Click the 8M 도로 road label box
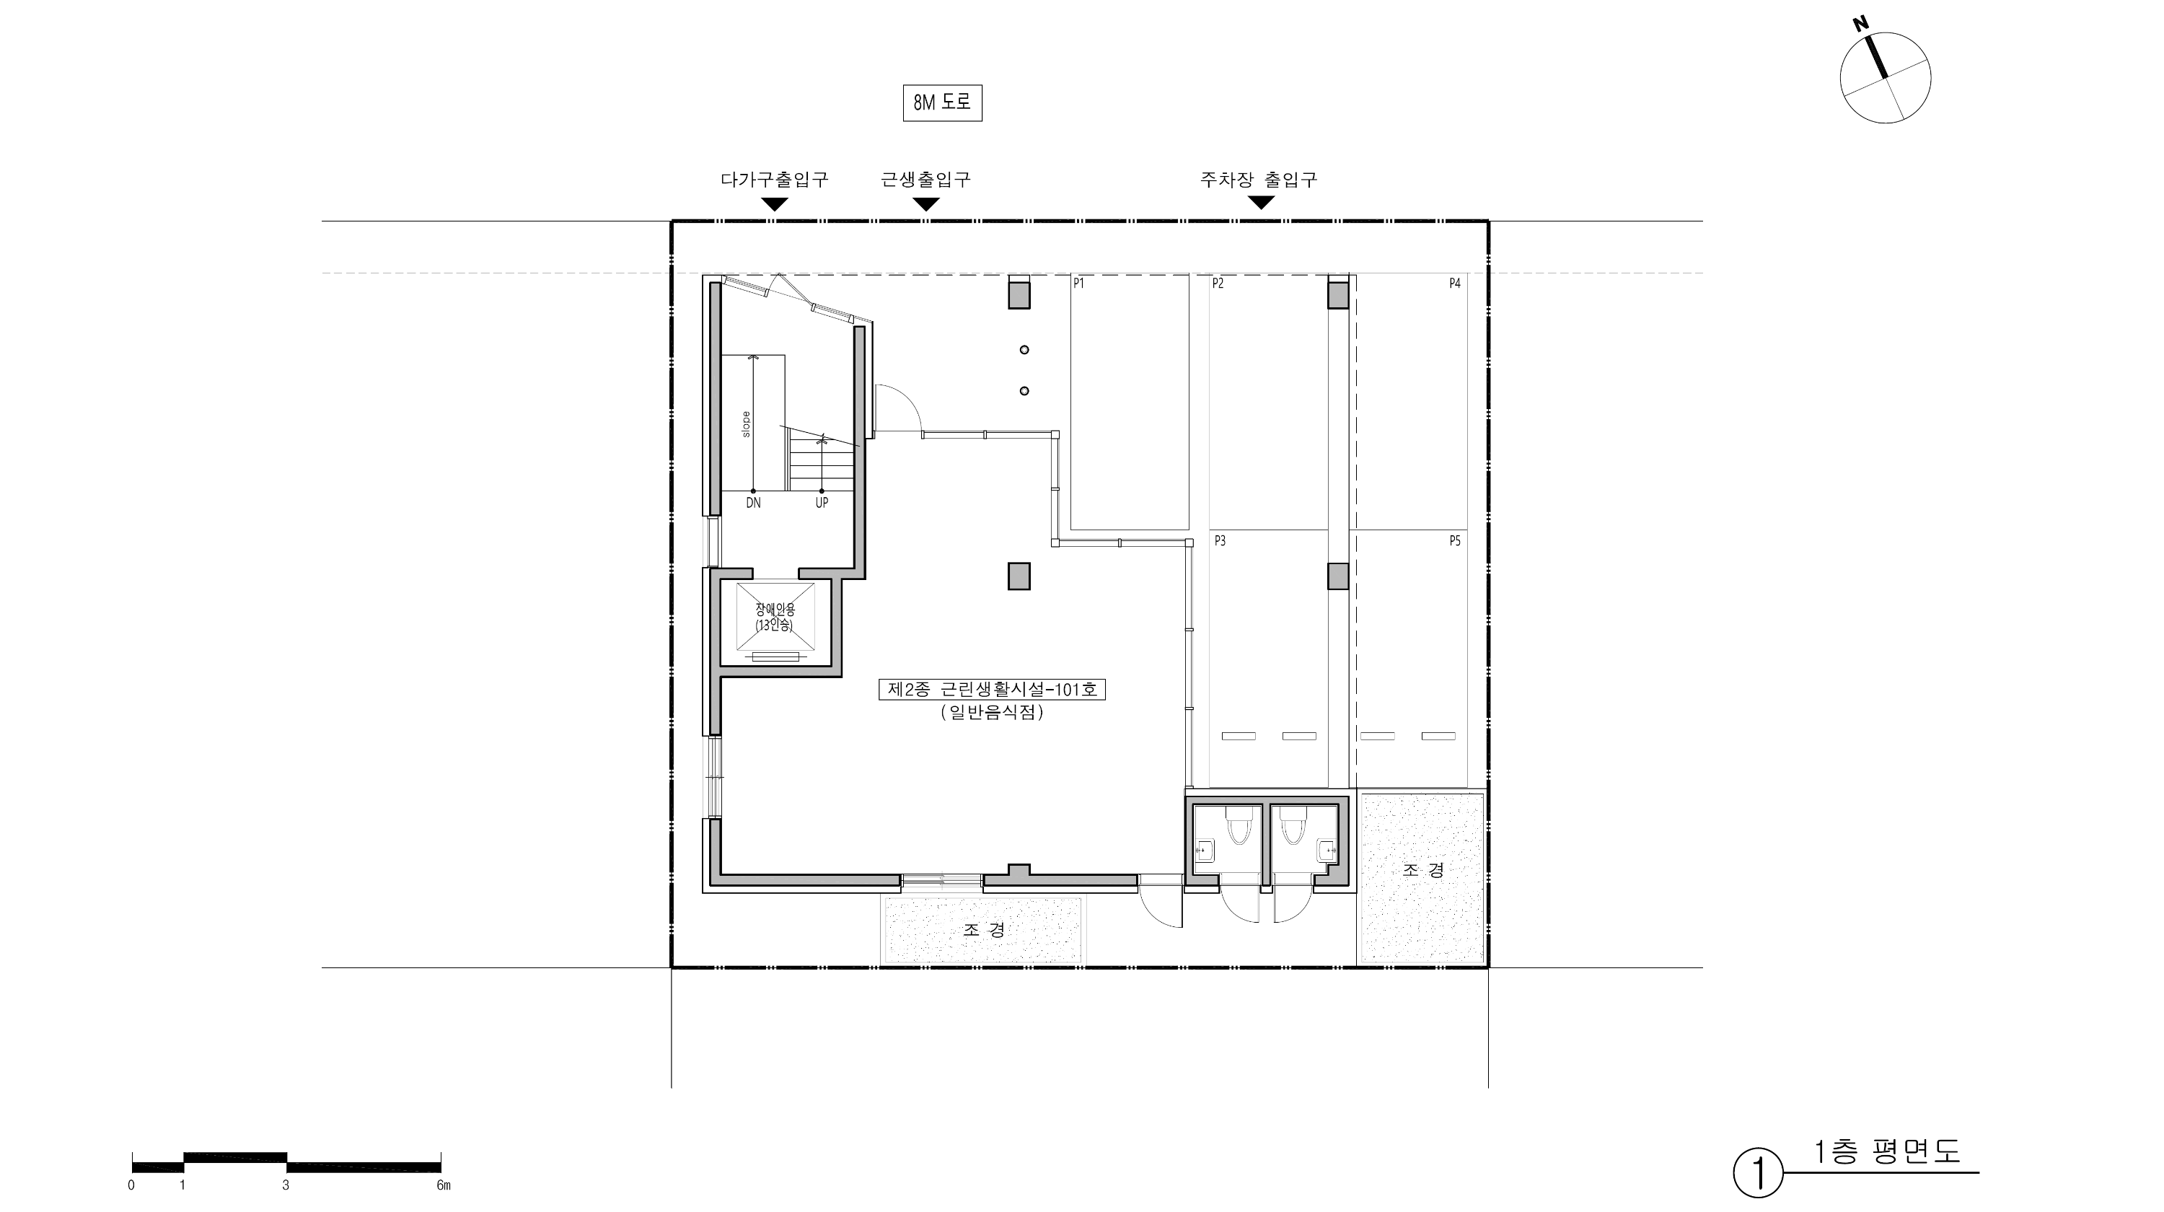(x=942, y=103)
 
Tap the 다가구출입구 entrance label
(x=774, y=179)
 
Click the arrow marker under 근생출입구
(x=925, y=204)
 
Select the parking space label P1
(x=1078, y=284)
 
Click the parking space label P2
(x=1218, y=284)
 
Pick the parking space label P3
(x=1220, y=541)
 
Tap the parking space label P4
(x=1455, y=284)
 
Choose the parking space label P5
(x=1455, y=541)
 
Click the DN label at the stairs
(x=754, y=503)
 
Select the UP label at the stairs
(x=822, y=503)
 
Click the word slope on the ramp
(x=746, y=424)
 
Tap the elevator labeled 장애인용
(x=775, y=618)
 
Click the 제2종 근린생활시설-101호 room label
(x=992, y=690)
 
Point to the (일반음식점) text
(x=992, y=712)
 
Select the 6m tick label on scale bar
(x=444, y=1185)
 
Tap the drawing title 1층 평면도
(x=1887, y=1151)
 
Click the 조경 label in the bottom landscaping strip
(x=984, y=930)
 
